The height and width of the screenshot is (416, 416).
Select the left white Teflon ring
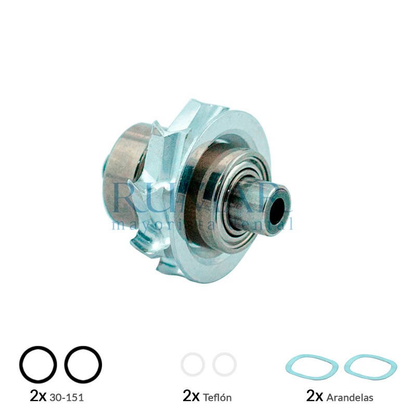193,365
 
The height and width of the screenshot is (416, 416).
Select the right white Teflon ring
225,365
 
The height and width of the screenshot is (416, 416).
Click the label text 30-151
67,398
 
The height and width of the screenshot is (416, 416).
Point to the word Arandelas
350,398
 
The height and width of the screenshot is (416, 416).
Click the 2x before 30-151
38,396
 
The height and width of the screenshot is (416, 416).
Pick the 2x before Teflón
191,396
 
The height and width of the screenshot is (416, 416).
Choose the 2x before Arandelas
315,396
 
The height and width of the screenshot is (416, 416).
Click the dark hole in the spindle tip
277,208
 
